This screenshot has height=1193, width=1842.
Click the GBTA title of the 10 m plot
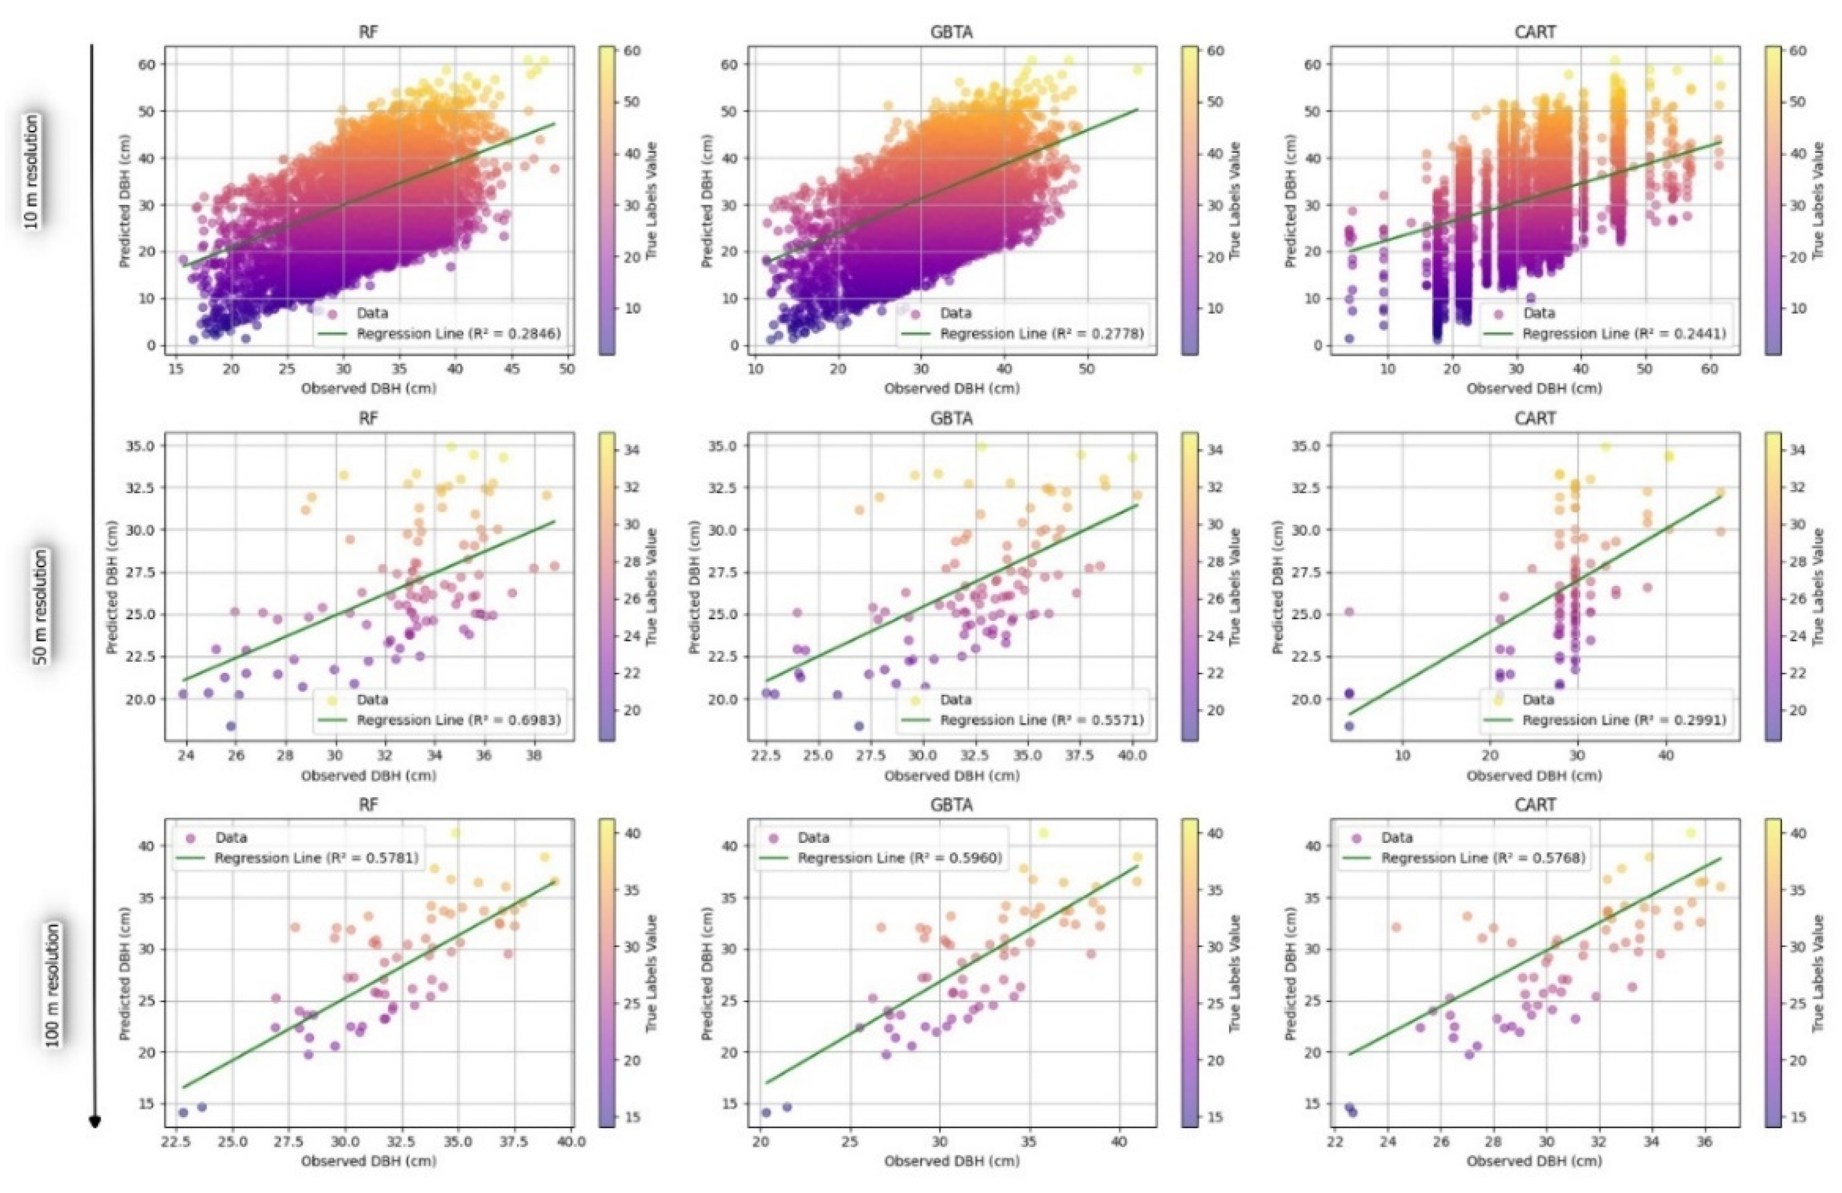point(952,32)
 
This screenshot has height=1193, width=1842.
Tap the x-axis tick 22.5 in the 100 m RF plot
point(178,1141)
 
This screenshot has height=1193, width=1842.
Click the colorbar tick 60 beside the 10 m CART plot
point(1797,51)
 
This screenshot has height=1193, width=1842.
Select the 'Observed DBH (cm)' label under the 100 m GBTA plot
point(952,1161)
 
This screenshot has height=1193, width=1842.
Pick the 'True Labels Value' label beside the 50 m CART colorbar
point(1818,588)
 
